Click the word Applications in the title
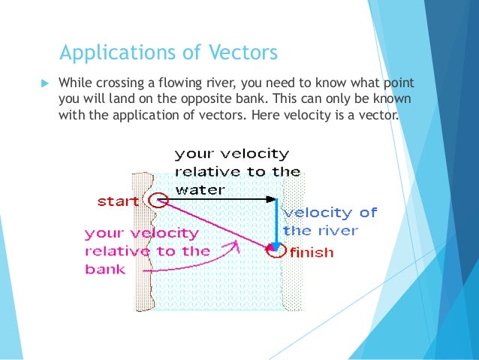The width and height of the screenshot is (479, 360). pos(110,53)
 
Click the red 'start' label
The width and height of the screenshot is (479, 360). pos(118,201)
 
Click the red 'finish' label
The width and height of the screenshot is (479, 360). pos(311,253)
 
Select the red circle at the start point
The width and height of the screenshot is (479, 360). pos(157,200)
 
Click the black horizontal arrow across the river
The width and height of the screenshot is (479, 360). pos(218,199)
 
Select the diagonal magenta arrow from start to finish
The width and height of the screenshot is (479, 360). pos(214,224)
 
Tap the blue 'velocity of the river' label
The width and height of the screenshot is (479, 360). pos(330,222)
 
